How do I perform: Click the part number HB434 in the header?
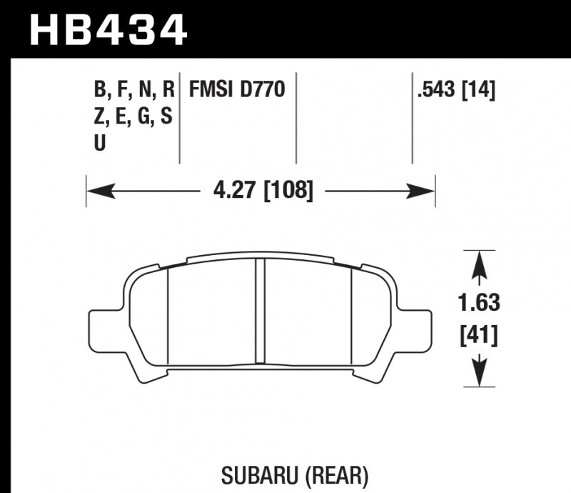tap(107, 29)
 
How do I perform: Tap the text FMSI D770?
tap(236, 90)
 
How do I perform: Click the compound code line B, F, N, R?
tap(133, 90)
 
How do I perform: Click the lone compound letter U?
tap(100, 143)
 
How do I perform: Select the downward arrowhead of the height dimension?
tap(480, 374)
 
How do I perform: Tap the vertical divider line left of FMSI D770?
tap(178, 118)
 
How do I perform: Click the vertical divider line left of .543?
tap(413, 118)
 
